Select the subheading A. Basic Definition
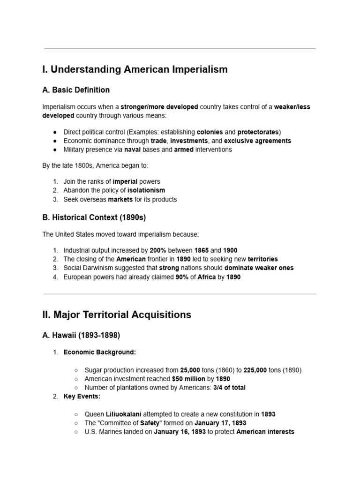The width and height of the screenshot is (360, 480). pos(76,90)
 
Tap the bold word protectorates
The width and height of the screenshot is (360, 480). pos(258,132)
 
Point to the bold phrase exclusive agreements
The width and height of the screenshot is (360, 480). pos(257,141)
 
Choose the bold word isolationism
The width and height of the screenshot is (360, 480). pos(146,190)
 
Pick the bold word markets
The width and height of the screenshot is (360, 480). pos(120,199)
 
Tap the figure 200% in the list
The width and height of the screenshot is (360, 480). pos(158,250)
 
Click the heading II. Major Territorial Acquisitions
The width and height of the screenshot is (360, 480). pos(117,315)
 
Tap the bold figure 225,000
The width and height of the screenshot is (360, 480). pos(255,370)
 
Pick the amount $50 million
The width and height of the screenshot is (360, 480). pos(188,379)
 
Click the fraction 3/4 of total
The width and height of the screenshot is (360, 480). pos(226,388)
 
